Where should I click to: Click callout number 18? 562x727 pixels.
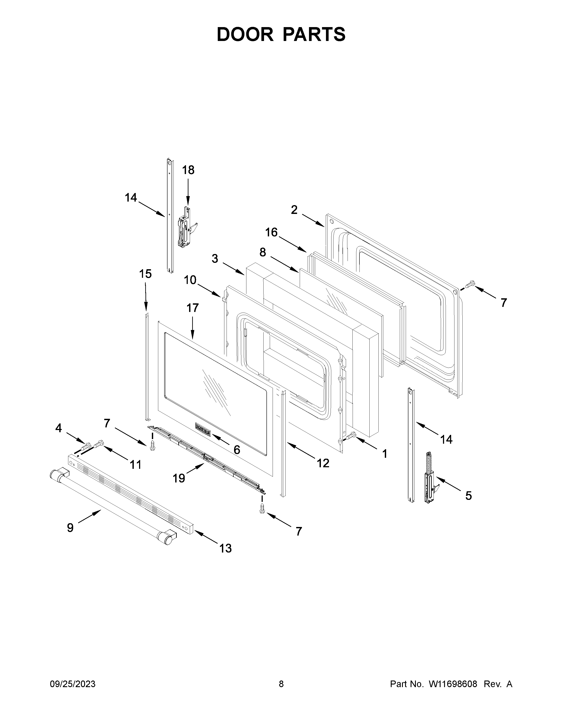click(x=188, y=170)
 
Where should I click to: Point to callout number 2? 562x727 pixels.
click(x=294, y=210)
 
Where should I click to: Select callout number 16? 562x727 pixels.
click(x=271, y=232)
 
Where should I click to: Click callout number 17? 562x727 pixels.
click(x=192, y=308)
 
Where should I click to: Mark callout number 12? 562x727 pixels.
click(x=323, y=463)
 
